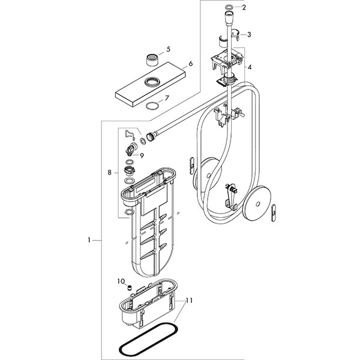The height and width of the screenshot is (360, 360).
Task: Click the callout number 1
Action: click(x=89, y=241)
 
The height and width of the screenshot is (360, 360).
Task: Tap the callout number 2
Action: click(x=243, y=8)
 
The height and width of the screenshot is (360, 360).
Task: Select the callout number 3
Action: click(x=249, y=34)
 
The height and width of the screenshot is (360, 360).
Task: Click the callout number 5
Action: click(x=169, y=49)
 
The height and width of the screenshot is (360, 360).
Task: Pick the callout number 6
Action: click(x=190, y=63)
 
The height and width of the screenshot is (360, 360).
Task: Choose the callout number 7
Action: click(x=167, y=98)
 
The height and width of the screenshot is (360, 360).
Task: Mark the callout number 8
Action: click(x=109, y=173)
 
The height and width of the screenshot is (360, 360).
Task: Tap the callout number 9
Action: click(x=142, y=155)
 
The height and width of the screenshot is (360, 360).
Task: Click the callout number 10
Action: click(x=121, y=281)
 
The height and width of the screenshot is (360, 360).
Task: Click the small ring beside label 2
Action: click(x=229, y=8)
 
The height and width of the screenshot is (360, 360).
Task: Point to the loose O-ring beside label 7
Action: click(x=153, y=106)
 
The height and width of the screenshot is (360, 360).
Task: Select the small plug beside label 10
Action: click(x=128, y=289)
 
